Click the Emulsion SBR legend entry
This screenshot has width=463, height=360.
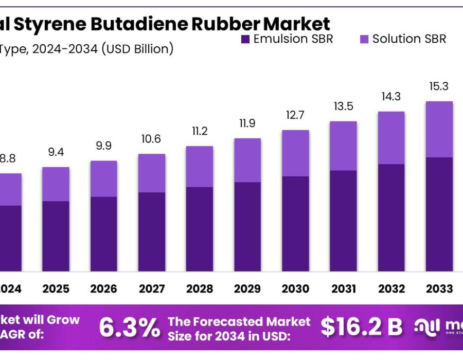tap(287, 39)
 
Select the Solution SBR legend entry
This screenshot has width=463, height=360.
tap(403, 39)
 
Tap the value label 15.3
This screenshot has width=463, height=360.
tap(439, 86)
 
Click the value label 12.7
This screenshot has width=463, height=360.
tap(295, 115)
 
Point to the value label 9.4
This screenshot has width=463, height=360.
tap(56, 152)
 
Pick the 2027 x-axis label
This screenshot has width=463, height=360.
tap(151, 289)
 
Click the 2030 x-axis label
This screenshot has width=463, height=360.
tap(295, 289)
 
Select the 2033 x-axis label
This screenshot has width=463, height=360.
tap(439, 289)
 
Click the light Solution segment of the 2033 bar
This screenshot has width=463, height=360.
tap(439, 129)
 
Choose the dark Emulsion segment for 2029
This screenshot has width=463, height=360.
tap(247, 226)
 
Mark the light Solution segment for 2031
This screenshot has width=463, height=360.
tap(343, 146)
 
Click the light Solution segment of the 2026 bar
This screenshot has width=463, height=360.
tap(103, 178)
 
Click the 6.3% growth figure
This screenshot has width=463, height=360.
tap(129, 327)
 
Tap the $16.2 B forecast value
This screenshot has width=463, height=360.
tap(362, 326)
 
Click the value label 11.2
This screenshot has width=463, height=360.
tap(200, 131)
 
